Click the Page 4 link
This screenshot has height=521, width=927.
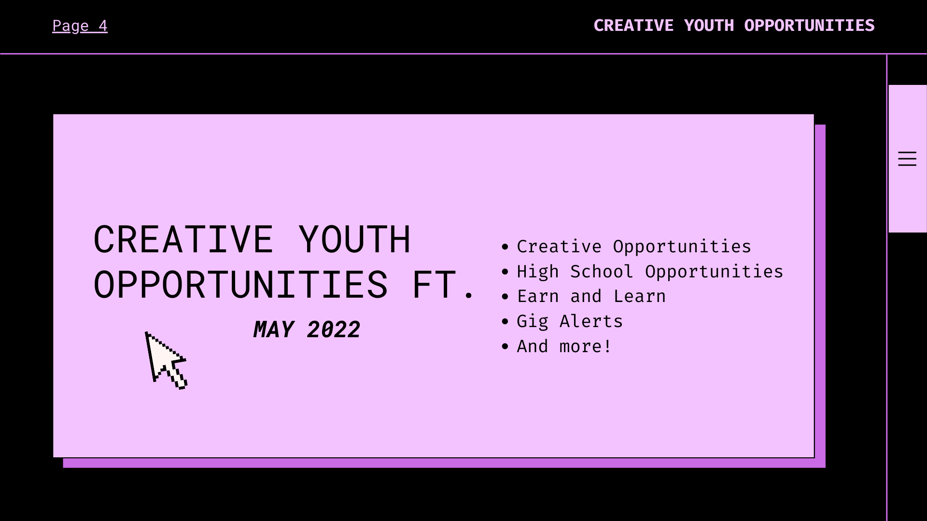coord(80,26)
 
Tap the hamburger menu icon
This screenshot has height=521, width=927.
coord(907,159)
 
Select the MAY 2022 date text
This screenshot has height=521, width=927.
coord(307,330)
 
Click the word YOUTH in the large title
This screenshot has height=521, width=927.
coord(354,239)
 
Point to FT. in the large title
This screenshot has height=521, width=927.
coord(441,285)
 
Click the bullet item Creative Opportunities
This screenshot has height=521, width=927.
coord(633,247)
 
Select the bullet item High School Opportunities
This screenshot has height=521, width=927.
coord(649,272)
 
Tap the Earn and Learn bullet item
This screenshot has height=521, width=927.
coord(591,296)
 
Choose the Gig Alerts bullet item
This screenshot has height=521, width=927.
coord(570,321)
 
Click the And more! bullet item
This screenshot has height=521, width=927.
coord(564,346)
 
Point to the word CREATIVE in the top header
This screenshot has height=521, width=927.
coord(633,26)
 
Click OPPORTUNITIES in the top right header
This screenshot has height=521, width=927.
coord(809,26)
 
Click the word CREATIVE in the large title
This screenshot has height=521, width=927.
coord(183,239)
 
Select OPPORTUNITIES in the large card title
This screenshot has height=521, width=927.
coord(240,285)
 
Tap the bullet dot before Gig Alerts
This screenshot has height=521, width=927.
coord(505,321)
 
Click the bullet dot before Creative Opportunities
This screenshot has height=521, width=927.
coord(505,247)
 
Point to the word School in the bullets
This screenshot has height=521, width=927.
coord(602,272)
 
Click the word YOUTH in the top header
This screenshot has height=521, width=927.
coord(709,26)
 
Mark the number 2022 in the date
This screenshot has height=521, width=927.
coord(333,330)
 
